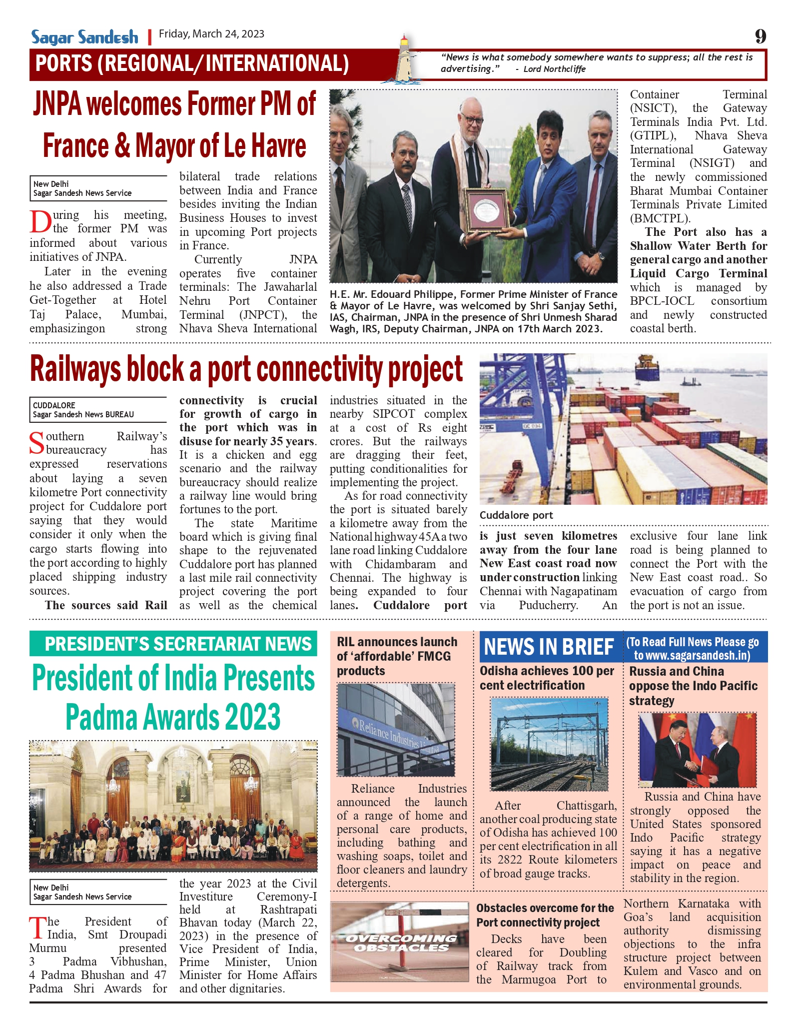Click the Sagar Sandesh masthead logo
[x=84, y=37]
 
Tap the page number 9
[x=760, y=36]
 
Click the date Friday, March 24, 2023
[x=211, y=34]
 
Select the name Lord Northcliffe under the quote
[x=554, y=69]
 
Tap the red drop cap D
[x=40, y=222]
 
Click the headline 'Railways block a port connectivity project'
[x=246, y=369]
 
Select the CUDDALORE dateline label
[x=54, y=405]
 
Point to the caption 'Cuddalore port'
[x=516, y=515]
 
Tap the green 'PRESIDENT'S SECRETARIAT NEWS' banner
[x=173, y=644]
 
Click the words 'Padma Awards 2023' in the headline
[x=173, y=717]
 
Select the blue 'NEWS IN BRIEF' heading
[x=549, y=647]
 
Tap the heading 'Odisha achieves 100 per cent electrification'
[x=547, y=678]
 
